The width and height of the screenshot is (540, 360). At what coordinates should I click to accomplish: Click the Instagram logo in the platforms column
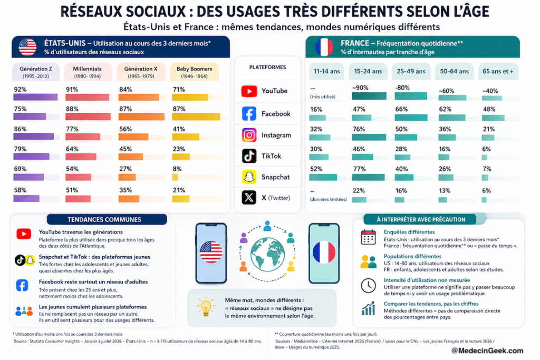click(249, 135)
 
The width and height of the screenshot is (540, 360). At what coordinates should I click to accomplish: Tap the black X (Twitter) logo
click(249, 198)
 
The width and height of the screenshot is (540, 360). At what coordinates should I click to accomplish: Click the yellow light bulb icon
click(206, 306)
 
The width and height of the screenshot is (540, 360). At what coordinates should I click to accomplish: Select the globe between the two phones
click(267, 255)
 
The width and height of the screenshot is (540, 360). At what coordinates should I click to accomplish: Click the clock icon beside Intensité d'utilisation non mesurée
click(368, 286)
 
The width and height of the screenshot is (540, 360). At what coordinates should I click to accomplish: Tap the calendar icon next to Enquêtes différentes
click(368, 237)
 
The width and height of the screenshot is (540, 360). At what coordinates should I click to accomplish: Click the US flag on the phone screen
click(211, 252)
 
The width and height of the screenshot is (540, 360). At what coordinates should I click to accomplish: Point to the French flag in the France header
click(324, 47)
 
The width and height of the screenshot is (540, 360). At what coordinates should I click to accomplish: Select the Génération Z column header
click(36, 72)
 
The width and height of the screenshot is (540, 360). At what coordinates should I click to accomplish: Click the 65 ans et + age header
click(498, 71)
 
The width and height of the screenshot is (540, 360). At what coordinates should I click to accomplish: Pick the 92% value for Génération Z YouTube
click(21, 90)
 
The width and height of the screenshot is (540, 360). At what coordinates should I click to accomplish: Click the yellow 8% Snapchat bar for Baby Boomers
click(175, 178)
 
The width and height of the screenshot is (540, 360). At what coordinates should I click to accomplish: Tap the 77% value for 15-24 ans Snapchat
click(359, 169)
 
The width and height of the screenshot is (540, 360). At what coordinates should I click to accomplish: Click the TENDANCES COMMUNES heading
click(104, 220)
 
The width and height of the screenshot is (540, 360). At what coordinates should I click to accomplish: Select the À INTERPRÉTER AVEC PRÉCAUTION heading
click(421, 220)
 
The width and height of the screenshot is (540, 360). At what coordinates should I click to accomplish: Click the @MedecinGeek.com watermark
click(487, 351)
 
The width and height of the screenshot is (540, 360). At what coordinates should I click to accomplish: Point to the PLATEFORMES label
click(267, 67)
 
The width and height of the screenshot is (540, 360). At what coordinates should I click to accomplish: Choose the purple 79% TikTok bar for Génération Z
click(31, 157)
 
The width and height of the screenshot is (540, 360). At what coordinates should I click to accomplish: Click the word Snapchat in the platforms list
click(275, 177)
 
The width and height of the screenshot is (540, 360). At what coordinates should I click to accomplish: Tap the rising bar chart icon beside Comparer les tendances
click(368, 308)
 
